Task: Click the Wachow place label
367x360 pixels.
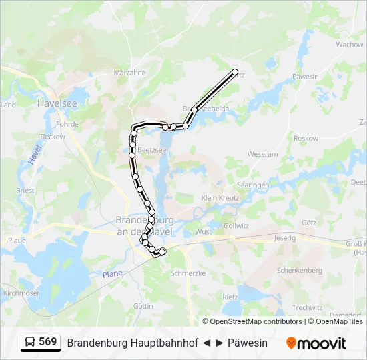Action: [x=350, y=45]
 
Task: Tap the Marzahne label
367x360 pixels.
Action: [x=129, y=73]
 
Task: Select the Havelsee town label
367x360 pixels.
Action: [x=57, y=103]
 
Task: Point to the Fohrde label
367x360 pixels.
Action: [x=68, y=124]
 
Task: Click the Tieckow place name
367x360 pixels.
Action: [x=53, y=137]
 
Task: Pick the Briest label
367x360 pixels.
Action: [x=25, y=191]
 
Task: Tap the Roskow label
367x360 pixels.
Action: [x=306, y=139]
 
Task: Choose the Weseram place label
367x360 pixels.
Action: [x=262, y=154]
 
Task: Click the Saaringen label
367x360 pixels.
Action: [x=253, y=185]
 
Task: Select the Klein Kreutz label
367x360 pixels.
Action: [x=220, y=198]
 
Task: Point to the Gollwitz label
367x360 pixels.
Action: [x=236, y=226]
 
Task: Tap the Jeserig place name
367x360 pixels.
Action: [x=284, y=237]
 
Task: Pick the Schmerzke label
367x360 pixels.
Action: [x=188, y=273]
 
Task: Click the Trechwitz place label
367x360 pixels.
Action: [x=307, y=308]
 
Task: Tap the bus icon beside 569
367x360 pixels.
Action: [x=30, y=343]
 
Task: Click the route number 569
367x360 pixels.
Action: [x=48, y=342]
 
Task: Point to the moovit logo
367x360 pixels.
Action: [x=316, y=343]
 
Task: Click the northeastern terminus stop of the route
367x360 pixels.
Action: [x=234, y=71]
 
